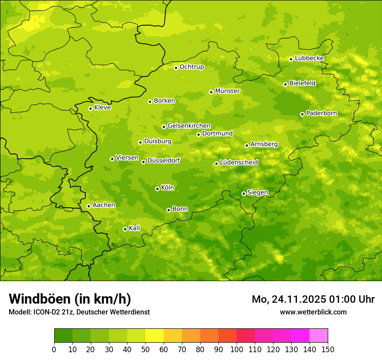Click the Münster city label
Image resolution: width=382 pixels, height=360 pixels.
(x=227, y=91)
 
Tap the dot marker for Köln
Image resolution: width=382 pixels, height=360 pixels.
(x=157, y=189)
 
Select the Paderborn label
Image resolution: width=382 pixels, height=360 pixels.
(x=321, y=113)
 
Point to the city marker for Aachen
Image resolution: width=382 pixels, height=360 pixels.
(x=89, y=206)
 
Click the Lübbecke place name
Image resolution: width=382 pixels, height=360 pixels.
(x=309, y=58)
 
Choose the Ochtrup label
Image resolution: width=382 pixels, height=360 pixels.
(x=191, y=67)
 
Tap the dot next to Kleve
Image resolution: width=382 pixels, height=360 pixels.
(x=90, y=108)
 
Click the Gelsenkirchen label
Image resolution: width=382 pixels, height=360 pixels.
(x=189, y=126)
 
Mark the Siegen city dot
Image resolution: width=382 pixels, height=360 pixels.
(x=244, y=193)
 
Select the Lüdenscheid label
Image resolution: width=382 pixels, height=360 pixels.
(x=239, y=163)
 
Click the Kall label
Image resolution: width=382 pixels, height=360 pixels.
(x=134, y=228)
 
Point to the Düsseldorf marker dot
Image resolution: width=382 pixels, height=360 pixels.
(x=143, y=162)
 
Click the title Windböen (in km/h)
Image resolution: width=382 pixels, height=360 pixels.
(x=70, y=299)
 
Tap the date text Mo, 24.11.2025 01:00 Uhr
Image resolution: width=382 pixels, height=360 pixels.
(x=313, y=299)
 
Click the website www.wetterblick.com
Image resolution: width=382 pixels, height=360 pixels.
(x=313, y=312)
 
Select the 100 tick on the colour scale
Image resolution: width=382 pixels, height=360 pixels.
(x=237, y=349)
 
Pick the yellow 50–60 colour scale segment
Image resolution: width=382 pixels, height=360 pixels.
(x=155, y=336)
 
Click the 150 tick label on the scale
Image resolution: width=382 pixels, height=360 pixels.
(x=327, y=349)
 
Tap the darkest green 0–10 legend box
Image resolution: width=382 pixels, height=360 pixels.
(x=63, y=336)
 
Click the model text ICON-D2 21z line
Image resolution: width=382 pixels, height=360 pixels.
(x=79, y=312)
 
